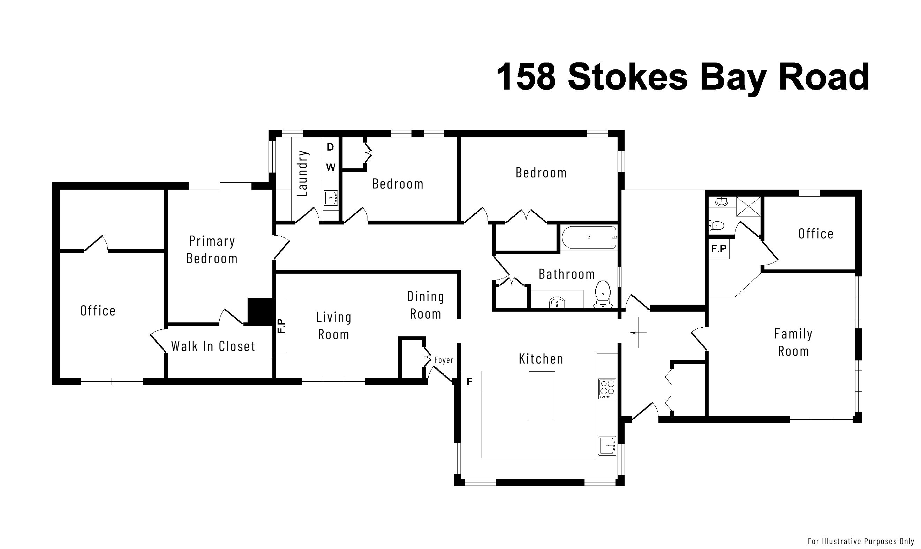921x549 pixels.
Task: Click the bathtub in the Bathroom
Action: [x=589, y=237]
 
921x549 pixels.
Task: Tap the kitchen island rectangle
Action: [x=542, y=396]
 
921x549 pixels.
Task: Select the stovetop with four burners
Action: [x=607, y=389]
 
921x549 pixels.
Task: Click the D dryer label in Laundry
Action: [x=331, y=147]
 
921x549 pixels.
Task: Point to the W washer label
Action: [x=331, y=167]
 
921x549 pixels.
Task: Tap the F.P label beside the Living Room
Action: [x=281, y=326]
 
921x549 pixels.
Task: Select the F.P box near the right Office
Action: [x=719, y=249]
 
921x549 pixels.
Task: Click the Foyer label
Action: [x=444, y=360]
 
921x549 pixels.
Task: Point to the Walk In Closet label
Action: [x=213, y=346]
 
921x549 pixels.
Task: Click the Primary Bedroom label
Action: [x=212, y=250]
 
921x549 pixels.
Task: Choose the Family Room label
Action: [x=793, y=343]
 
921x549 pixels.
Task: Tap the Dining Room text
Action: [x=425, y=305]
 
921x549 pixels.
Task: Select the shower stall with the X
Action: [x=748, y=206]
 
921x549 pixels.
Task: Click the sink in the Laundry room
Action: [x=331, y=198]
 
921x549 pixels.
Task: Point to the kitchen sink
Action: [x=607, y=446]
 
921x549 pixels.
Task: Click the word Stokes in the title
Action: [x=628, y=77]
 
